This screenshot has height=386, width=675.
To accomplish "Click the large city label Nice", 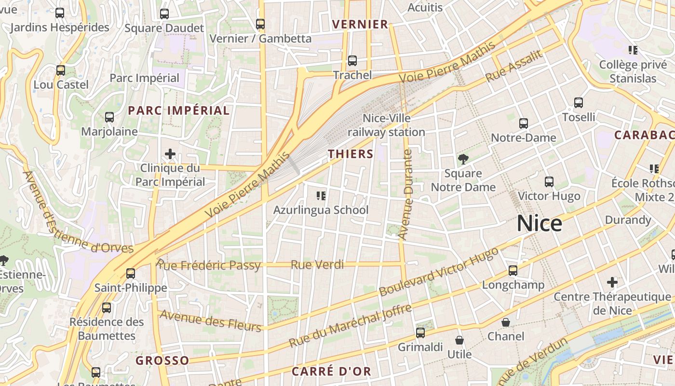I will [x=540, y=224].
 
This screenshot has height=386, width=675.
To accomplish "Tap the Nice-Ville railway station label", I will [x=387, y=125].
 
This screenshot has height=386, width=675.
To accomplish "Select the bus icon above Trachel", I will [x=352, y=61].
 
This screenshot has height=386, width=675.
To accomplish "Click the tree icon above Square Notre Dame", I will [x=463, y=159].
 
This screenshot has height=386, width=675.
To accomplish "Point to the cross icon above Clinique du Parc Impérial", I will [x=170, y=154].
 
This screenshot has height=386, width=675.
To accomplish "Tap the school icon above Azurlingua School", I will [x=321, y=195].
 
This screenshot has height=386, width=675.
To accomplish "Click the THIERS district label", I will [x=351, y=154].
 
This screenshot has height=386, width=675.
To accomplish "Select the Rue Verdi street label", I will [x=317, y=264].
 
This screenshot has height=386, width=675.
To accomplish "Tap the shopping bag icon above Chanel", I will [x=506, y=322].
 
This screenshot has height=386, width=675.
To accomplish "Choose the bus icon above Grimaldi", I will [x=420, y=332].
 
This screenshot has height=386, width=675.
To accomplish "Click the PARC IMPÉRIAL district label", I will [x=178, y=110].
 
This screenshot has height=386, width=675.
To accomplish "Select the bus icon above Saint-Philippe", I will [x=130, y=274].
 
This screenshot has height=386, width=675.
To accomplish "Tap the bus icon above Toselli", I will [x=579, y=102].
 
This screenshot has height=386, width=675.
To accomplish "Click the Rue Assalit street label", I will [x=514, y=66].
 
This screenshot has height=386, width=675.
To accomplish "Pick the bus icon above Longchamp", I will [x=513, y=271].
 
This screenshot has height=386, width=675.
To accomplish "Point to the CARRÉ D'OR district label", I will [x=331, y=371].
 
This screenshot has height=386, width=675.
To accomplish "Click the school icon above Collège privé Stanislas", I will [x=633, y=50].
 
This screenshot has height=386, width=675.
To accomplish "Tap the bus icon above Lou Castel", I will [x=61, y=70].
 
